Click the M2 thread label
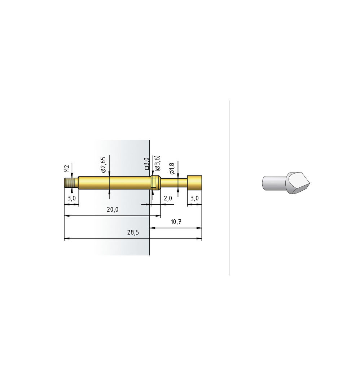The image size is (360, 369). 67,169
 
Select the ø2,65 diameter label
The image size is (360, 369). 104,164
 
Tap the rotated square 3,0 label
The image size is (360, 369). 146,164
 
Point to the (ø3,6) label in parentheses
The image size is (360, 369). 157,163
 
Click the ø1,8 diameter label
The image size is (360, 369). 172,169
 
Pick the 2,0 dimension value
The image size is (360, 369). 168,199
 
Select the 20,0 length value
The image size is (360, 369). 113,209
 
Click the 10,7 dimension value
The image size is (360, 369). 176,222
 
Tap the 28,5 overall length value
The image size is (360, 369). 133,232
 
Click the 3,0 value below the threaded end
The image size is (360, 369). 72,199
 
